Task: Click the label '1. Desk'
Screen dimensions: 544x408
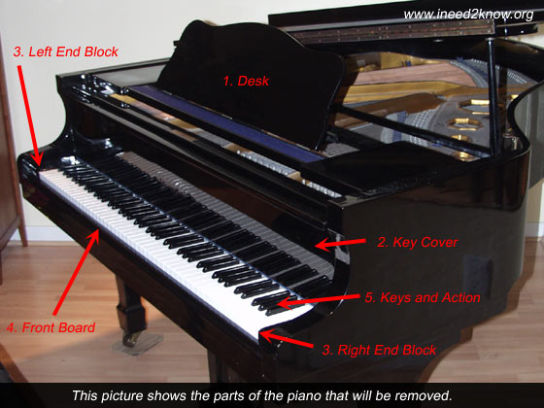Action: (246, 81)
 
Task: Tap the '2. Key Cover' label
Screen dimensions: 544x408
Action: (418, 242)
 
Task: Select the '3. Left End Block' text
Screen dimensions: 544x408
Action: (66, 51)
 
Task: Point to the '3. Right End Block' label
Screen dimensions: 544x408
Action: (379, 350)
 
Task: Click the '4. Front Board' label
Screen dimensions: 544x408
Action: (51, 327)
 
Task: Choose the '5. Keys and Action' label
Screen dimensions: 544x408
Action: (423, 297)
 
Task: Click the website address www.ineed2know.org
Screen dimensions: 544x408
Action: (468, 15)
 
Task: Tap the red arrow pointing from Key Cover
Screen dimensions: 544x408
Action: (340, 244)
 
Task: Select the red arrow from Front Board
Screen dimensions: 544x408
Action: (77, 272)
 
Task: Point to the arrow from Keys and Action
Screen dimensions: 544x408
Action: (319, 300)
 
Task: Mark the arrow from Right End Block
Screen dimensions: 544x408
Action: (287, 338)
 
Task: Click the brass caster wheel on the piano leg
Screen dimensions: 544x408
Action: (130, 338)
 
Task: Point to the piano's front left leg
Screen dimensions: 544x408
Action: (130, 309)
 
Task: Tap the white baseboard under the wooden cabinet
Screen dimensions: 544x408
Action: (42, 233)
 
